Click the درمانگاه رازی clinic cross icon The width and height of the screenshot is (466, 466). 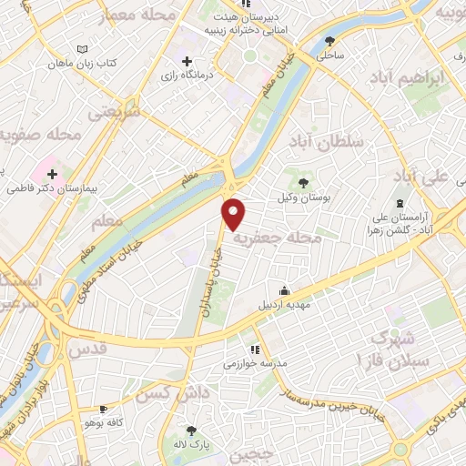187,62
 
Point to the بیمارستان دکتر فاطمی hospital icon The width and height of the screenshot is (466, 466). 52,174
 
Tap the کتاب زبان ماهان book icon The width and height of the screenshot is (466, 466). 83,47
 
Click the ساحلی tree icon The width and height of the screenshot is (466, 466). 329,41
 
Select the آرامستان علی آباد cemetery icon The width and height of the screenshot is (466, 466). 400,202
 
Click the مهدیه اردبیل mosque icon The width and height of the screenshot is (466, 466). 285,291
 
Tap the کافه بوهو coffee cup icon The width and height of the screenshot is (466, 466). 103,409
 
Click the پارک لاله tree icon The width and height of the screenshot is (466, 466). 190,431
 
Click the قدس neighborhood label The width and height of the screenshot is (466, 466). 87,348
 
